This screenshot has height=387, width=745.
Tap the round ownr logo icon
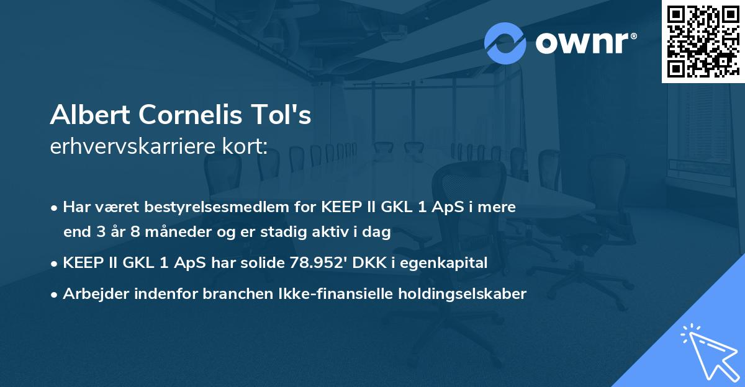click(x=505, y=43)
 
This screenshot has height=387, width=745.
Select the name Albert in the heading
click(x=91, y=116)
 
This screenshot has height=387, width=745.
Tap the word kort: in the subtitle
click(x=246, y=147)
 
